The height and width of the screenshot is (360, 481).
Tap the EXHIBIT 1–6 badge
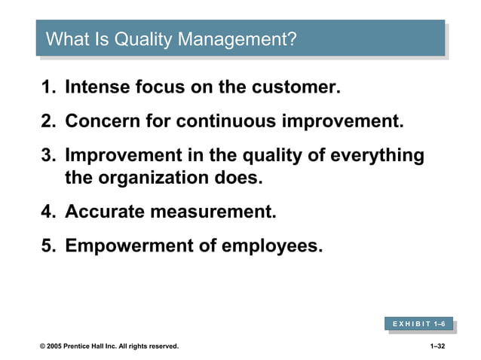pyautogui.click(x=418, y=323)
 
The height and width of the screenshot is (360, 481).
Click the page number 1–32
pyautogui.click(x=437, y=346)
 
